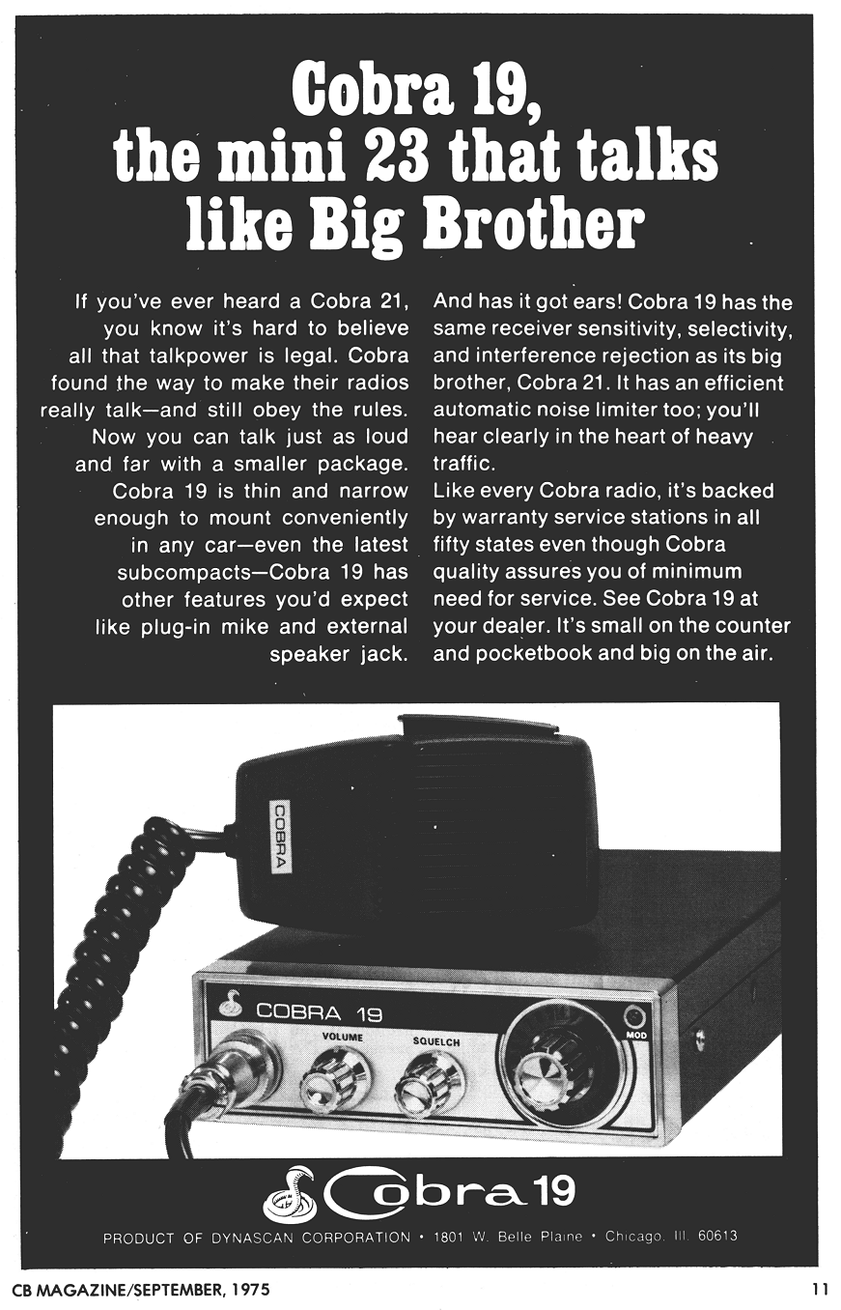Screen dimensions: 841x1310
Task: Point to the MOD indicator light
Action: (x=633, y=1017)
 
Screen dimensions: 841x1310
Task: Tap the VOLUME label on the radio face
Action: (x=343, y=1038)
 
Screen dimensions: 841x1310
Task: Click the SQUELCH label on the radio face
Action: (x=436, y=1041)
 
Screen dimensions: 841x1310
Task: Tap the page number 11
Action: (x=820, y=1287)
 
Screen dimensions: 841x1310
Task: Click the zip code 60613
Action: (x=717, y=1236)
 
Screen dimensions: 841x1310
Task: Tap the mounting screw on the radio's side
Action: (x=699, y=1037)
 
